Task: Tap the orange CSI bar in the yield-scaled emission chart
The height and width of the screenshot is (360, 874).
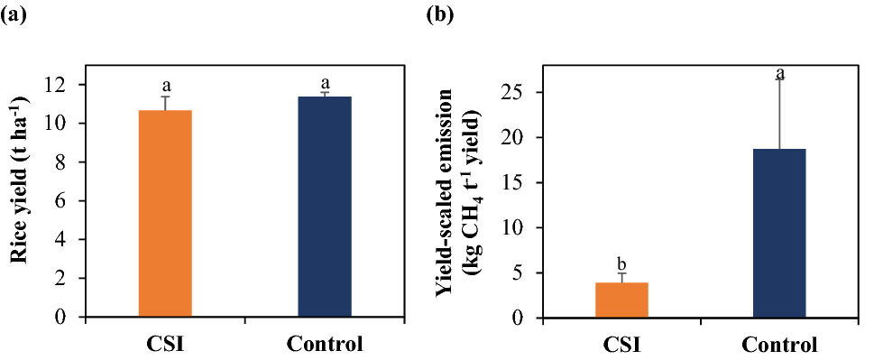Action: click(621, 300)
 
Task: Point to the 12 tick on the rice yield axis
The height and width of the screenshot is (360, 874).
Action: click(67, 85)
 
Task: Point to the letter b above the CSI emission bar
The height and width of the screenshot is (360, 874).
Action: click(621, 263)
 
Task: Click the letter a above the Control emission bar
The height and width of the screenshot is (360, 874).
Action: click(780, 72)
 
